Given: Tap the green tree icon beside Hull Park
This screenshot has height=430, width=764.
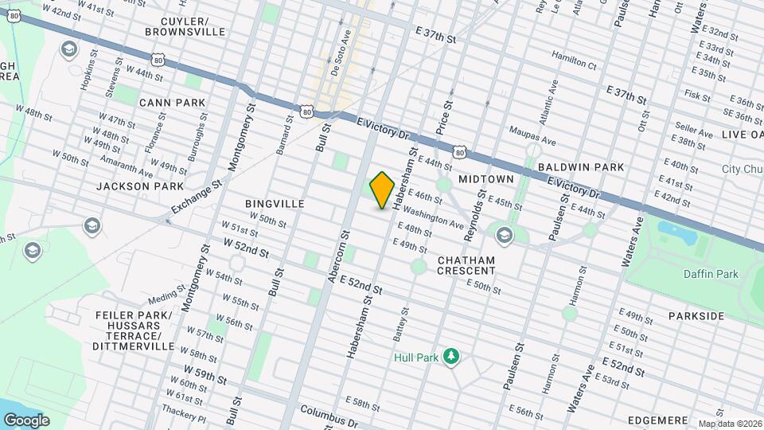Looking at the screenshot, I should (x=451, y=355).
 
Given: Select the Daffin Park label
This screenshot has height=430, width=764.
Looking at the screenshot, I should (x=711, y=274).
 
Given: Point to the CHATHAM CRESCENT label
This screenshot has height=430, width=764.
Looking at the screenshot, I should (x=466, y=265).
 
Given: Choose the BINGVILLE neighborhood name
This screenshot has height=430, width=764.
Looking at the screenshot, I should (x=275, y=204).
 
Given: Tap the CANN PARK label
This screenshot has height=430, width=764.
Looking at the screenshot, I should (x=172, y=103).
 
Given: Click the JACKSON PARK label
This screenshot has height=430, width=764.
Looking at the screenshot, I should (x=129, y=186).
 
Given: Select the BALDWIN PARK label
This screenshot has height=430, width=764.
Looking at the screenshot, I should (x=572, y=168).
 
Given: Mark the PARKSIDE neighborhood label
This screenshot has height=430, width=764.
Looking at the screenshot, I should (x=696, y=316).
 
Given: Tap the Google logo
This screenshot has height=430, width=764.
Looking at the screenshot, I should (x=25, y=420).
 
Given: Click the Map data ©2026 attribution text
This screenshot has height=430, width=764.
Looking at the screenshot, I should (x=729, y=424).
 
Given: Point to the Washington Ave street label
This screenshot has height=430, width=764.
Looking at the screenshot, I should (x=433, y=219).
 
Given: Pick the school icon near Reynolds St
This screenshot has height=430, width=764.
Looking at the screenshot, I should (x=503, y=235).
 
